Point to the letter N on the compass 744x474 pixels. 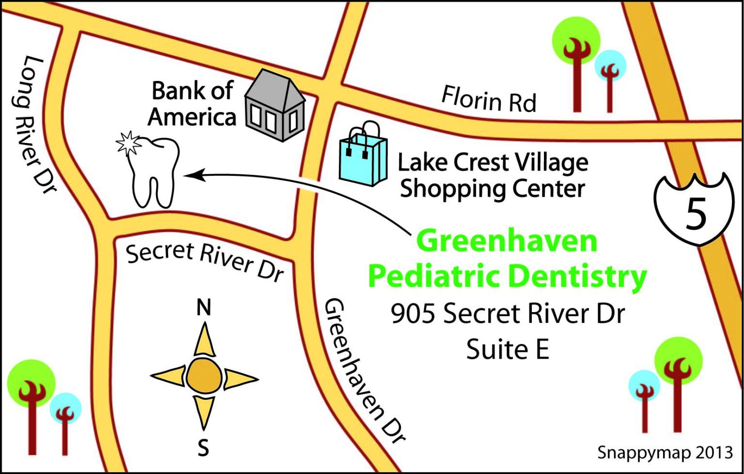tap(203, 307)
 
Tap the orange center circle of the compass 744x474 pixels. tap(204, 377)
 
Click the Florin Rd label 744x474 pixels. tap(489, 99)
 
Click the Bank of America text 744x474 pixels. tap(192, 104)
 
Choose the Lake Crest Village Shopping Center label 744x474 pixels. tap(493, 175)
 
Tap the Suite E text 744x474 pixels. tap(508, 349)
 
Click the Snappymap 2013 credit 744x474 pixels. tap(665, 452)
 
